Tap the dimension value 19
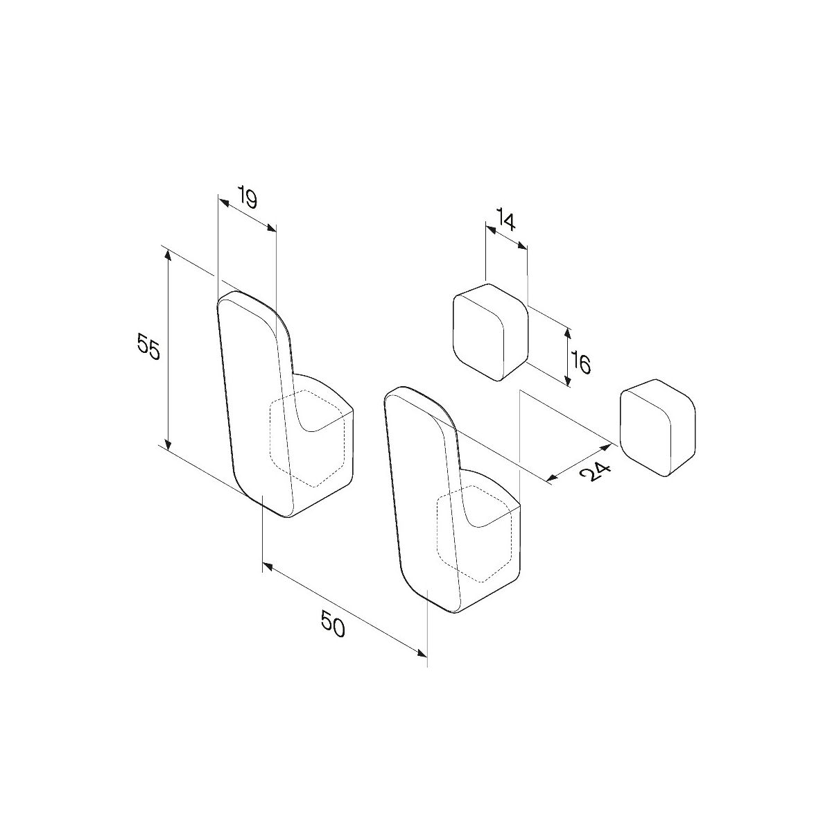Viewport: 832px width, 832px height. [248, 198]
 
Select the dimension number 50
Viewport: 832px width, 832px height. [333, 624]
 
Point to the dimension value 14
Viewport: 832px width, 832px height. [505, 219]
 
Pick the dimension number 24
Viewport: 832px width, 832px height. [596, 474]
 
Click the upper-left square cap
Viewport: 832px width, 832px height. [490, 331]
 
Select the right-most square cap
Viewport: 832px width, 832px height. [657, 428]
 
